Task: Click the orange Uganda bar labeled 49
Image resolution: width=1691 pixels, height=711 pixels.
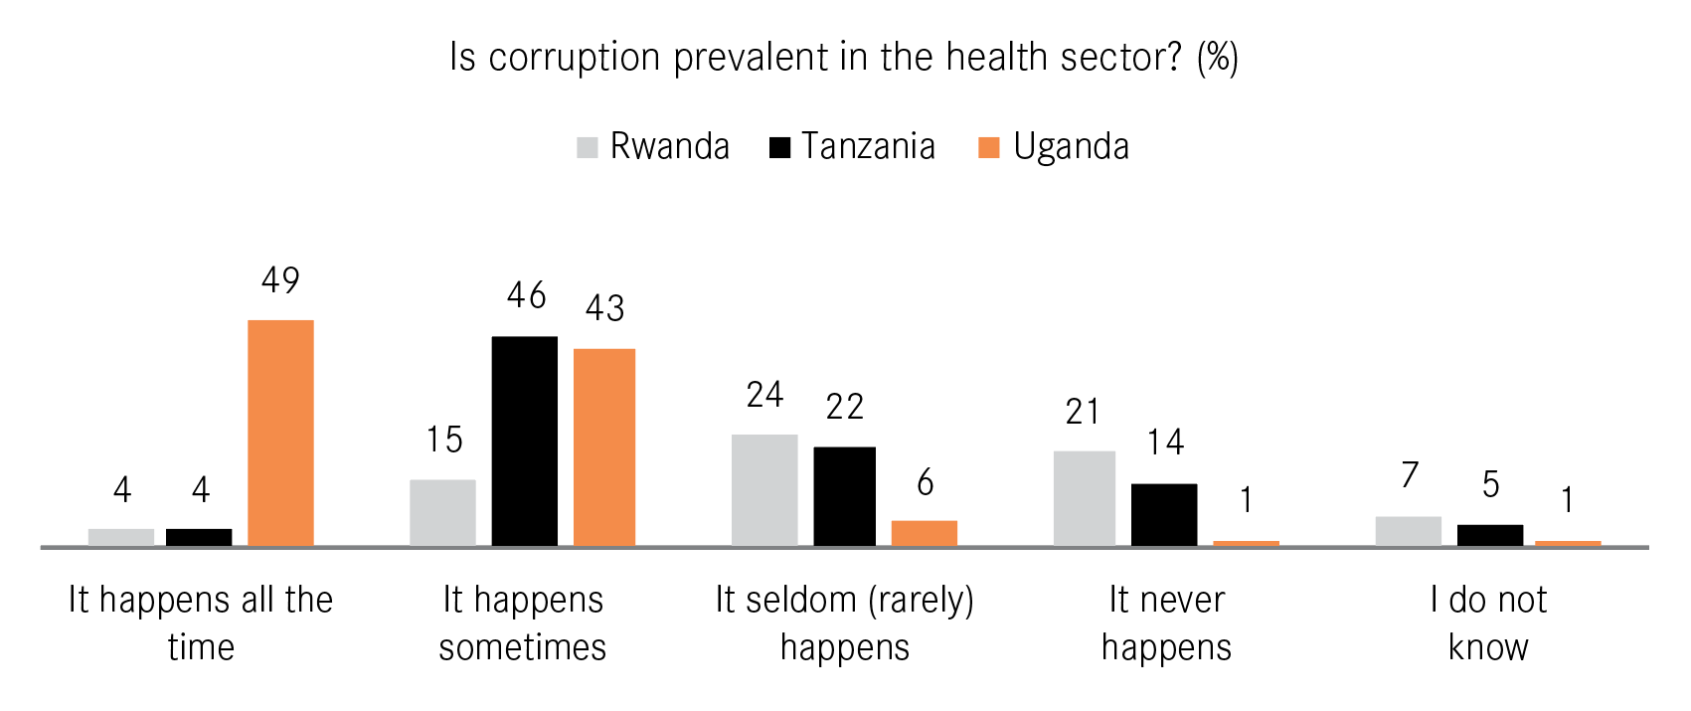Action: (x=280, y=433)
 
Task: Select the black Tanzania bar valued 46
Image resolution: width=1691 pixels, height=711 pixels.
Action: (x=524, y=441)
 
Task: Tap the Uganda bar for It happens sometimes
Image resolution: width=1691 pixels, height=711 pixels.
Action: (x=603, y=446)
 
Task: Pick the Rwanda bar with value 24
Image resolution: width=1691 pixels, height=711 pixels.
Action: (x=764, y=489)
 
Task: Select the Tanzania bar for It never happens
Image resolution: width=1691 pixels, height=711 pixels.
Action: (x=1164, y=514)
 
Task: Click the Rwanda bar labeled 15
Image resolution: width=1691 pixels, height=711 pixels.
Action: (x=442, y=512)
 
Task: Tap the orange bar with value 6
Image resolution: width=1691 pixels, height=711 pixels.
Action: (x=924, y=533)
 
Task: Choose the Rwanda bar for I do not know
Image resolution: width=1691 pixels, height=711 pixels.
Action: (x=1408, y=531)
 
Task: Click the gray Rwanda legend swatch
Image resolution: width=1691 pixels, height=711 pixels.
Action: (x=588, y=148)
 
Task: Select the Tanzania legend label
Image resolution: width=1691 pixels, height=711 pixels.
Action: (x=868, y=147)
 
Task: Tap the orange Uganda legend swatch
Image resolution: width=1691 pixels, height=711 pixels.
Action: (x=988, y=148)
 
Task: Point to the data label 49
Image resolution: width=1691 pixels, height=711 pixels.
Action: (x=280, y=280)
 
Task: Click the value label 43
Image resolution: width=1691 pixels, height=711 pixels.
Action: (x=604, y=308)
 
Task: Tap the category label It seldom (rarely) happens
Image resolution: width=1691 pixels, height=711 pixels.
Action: (x=844, y=623)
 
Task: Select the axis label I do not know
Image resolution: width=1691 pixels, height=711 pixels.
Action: (x=1488, y=623)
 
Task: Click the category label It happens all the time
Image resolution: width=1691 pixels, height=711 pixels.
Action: (x=200, y=623)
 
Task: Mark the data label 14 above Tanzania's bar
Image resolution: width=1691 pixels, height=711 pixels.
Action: (x=1165, y=443)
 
